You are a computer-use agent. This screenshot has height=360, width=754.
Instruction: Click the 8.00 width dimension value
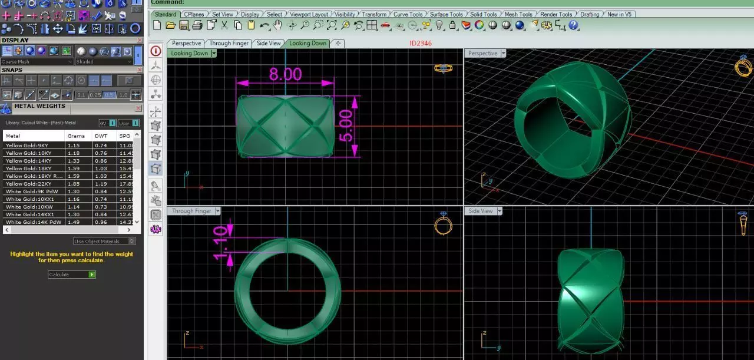click(285, 75)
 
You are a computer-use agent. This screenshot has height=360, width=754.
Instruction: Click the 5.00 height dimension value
click(346, 125)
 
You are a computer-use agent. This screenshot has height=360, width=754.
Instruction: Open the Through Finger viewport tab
click(229, 43)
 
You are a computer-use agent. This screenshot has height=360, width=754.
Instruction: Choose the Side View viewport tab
click(269, 43)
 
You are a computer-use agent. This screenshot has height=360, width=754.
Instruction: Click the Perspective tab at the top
click(186, 43)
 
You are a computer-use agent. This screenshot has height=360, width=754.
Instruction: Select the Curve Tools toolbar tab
click(408, 14)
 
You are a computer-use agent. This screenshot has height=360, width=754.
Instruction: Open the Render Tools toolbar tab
click(556, 14)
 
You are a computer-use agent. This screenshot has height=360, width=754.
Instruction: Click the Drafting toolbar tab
click(589, 14)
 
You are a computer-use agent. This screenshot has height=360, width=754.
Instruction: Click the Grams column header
click(76, 136)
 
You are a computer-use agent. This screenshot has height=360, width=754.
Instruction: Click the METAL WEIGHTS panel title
click(39, 106)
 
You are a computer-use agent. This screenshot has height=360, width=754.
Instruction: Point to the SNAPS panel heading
click(12, 70)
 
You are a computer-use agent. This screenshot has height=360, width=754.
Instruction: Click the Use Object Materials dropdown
click(104, 241)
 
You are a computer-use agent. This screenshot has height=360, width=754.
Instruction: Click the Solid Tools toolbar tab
click(483, 14)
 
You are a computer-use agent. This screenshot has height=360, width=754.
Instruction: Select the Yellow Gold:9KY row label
click(27, 145)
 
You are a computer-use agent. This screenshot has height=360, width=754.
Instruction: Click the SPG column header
click(124, 136)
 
